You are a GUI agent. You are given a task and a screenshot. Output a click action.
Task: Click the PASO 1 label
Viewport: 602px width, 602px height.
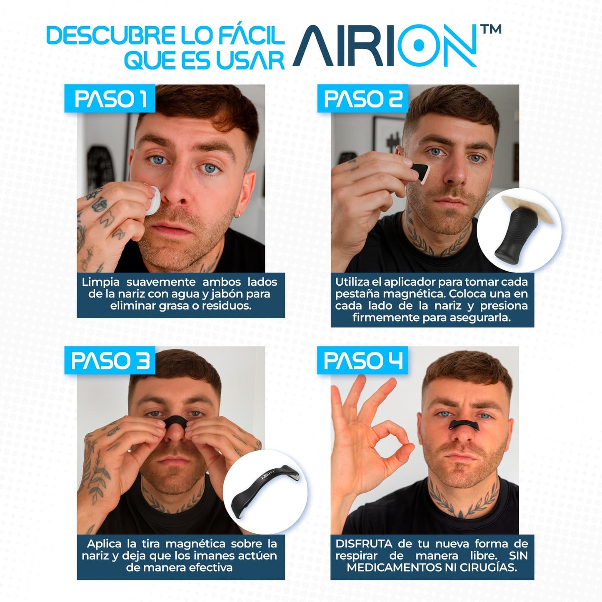pyautogui.click(x=110, y=99)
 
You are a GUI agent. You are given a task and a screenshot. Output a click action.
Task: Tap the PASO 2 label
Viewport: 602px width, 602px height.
pyautogui.click(x=363, y=99)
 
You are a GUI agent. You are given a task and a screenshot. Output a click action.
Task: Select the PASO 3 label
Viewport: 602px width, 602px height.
pyautogui.click(x=110, y=361)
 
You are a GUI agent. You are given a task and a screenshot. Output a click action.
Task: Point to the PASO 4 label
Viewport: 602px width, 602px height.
pyautogui.click(x=363, y=361)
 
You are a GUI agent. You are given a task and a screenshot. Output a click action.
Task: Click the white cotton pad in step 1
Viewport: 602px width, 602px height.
pyautogui.click(x=153, y=200)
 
